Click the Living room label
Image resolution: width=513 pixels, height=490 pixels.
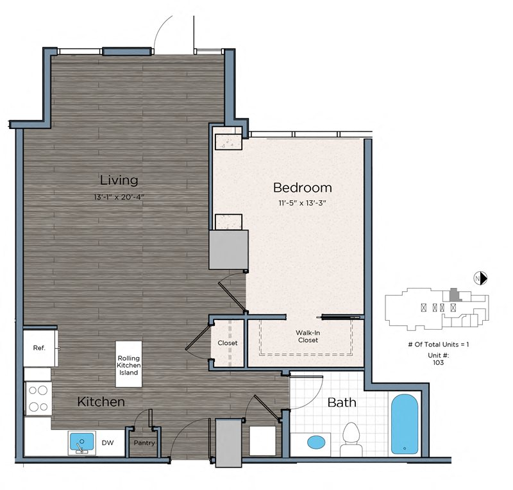[x=119, y=180]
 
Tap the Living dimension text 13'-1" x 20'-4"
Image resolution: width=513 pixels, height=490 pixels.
[x=119, y=197]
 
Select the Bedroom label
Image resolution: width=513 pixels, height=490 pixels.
[x=302, y=187]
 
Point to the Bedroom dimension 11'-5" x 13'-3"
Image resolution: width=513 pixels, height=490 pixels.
[x=302, y=203]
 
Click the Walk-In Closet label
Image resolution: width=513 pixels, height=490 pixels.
[x=308, y=337]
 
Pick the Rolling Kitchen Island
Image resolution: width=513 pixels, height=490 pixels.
[x=129, y=364]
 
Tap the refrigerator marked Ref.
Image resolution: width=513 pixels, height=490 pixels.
[x=40, y=348]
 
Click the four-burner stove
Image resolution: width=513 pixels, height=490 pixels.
[x=38, y=399]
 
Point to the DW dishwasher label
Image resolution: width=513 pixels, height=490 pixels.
[x=108, y=443]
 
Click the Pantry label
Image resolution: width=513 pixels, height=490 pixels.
[x=144, y=443]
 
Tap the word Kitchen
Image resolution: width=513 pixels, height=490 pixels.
[x=101, y=401]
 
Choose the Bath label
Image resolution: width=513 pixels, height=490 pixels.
[x=342, y=403]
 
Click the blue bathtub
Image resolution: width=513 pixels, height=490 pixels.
[x=405, y=424]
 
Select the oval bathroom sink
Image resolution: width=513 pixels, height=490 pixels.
[x=316, y=443]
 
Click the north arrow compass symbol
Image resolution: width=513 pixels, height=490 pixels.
[x=480, y=278]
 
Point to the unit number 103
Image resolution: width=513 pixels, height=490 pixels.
[x=438, y=362]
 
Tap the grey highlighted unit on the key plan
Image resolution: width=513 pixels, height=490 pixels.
[x=454, y=294]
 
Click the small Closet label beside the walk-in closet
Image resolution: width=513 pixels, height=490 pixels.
[x=228, y=343]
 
